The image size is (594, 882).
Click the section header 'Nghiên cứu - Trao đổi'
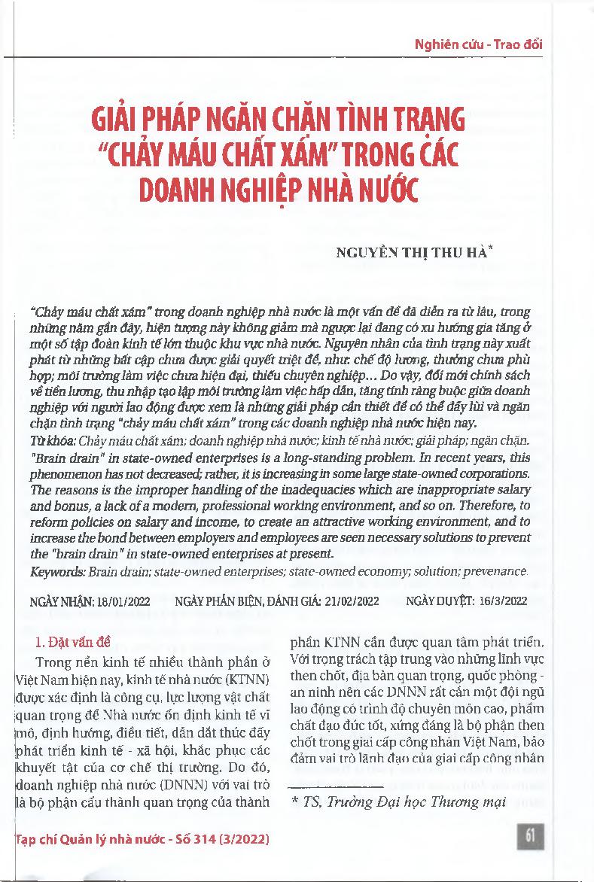point(479,44)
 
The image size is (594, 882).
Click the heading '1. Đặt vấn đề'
point(75,643)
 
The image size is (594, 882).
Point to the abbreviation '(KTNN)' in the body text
point(249,678)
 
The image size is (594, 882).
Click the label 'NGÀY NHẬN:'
point(62,601)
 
